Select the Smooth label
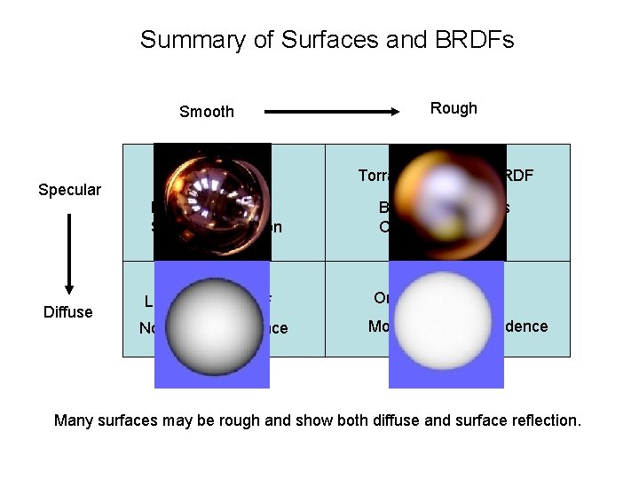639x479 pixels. pos(207,112)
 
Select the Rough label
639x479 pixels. pos(454,108)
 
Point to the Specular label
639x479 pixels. pos(70,190)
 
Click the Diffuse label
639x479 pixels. pos(67,311)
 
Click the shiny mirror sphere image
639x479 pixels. pos(212,201)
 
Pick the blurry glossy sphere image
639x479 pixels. pos(447,201)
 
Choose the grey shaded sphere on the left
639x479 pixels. pos(212,324)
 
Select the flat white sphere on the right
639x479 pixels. pos(446,324)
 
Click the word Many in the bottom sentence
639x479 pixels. pos(74,420)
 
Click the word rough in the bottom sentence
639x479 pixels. pos(267,420)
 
